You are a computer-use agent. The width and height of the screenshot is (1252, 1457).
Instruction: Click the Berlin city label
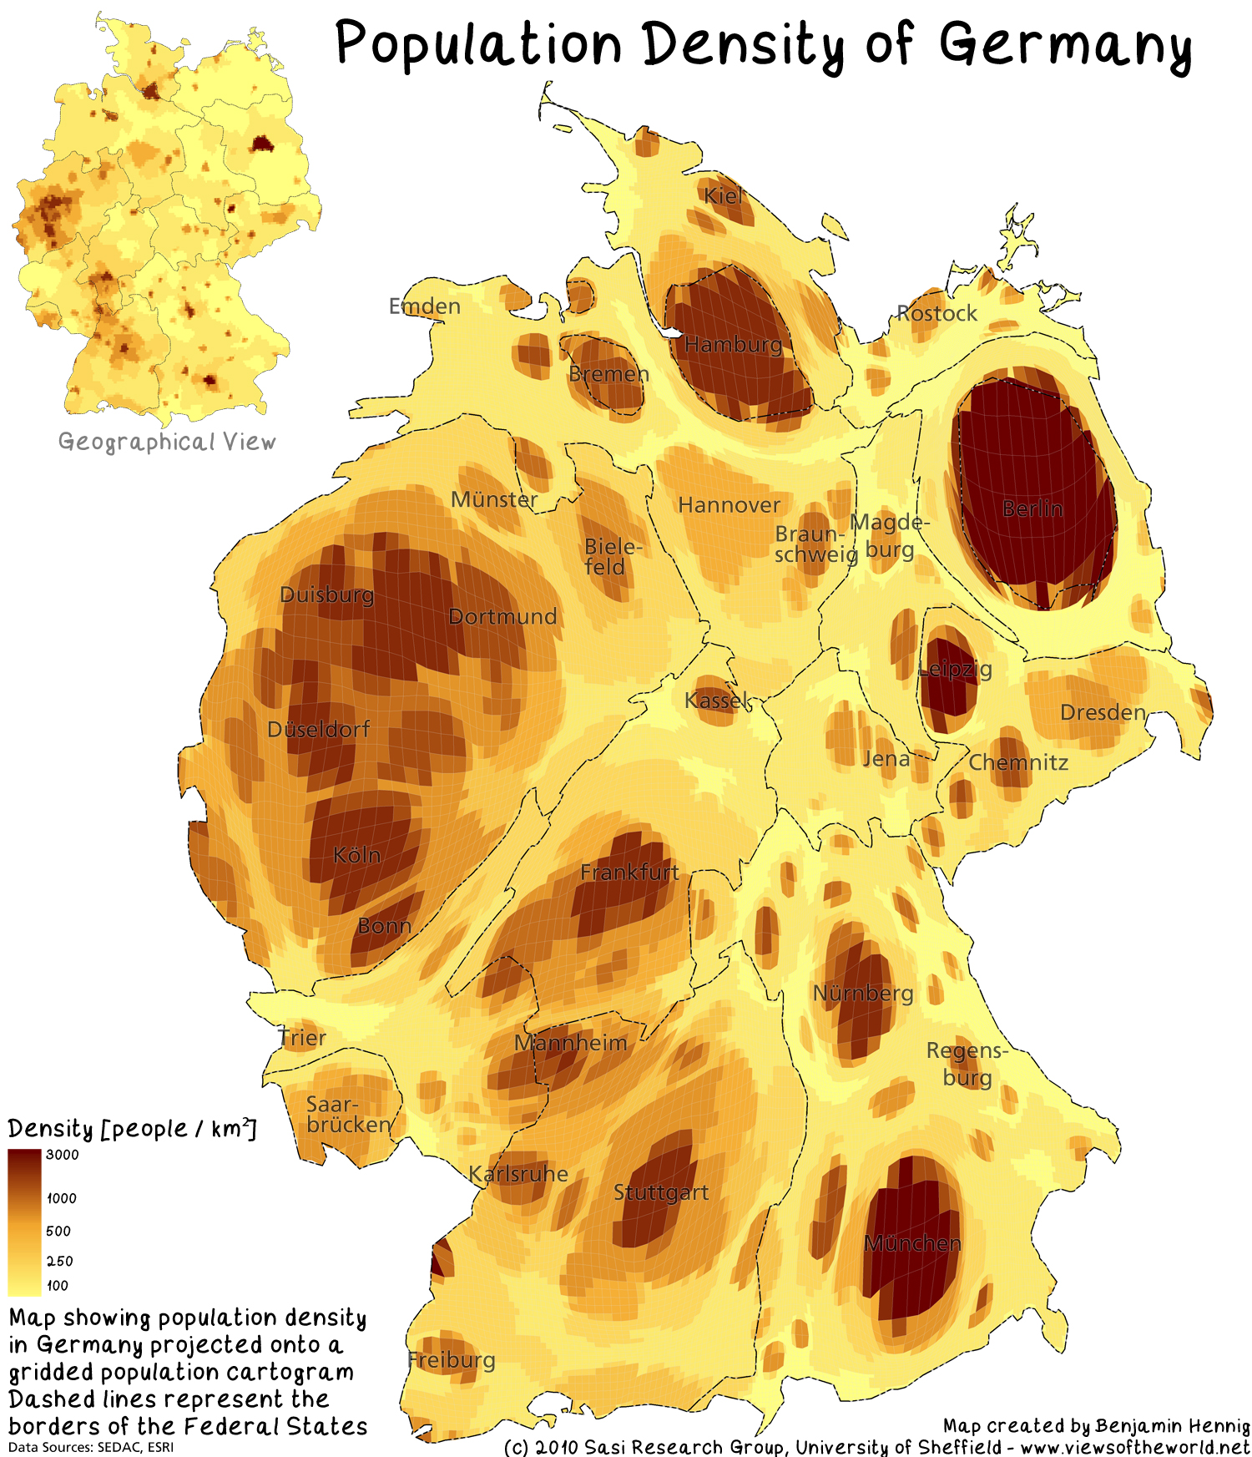(1032, 508)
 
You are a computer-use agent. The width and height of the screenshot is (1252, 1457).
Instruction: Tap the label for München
(912, 1243)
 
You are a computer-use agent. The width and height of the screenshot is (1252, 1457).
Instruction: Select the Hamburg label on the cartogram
(734, 344)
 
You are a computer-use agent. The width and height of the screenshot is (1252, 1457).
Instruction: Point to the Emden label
(425, 306)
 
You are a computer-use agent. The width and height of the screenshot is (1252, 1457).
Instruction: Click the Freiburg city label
(452, 1360)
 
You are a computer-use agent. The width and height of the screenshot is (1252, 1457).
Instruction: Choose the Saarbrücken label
(348, 1115)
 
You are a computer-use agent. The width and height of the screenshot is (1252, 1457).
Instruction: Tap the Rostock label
(936, 313)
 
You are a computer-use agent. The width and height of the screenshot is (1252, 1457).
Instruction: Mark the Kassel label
(717, 700)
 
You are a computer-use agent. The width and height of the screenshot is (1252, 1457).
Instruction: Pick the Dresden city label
(1103, 712)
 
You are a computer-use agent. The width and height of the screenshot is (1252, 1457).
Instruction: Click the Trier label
(302, 1038)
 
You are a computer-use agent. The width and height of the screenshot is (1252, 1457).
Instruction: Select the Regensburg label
(967, 1064)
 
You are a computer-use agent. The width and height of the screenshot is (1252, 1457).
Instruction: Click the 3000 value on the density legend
(63, 1155)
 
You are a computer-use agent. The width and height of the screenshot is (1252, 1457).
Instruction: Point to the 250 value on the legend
(59, 1261)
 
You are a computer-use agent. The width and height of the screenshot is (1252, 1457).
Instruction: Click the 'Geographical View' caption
(167, 442)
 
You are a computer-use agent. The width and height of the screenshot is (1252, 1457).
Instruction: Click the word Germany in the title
(1066, 45)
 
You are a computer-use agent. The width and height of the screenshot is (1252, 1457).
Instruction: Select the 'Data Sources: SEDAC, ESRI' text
(91, 1447)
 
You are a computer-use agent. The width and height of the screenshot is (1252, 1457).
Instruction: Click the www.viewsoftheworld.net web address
(1135, 1446)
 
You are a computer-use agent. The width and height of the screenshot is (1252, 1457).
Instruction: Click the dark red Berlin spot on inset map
(262, 144)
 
